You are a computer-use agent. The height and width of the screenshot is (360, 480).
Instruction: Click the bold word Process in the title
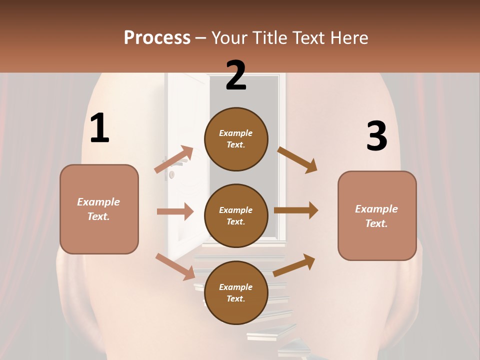coord(157,38)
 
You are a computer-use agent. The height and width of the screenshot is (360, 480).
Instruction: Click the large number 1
coord(99,129)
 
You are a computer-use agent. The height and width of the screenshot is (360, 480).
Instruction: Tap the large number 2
coord(236,76)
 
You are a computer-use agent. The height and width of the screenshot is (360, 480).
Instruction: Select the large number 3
coord(376,136)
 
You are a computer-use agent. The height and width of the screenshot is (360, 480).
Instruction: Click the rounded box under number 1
coord(99,209)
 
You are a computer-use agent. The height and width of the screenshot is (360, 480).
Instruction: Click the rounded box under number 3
coord(377,215)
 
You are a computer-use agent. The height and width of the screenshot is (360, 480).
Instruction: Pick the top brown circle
coord(236,139)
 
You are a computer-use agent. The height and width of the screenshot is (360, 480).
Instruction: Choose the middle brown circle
coord(236,215)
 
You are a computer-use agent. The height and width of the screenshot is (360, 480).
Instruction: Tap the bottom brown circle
coord(236,292)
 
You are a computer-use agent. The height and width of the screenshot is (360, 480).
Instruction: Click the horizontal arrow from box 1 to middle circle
coord(175,211)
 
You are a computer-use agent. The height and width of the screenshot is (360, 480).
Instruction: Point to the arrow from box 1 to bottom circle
coord(175,266)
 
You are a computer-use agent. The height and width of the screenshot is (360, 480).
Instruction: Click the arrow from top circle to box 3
coord(297,159)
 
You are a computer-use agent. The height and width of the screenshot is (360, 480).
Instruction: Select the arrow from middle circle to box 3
coord(296,210)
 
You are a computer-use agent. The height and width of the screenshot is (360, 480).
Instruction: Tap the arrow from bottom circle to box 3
coord(294,265)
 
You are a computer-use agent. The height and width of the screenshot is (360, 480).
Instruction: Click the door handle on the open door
coord(171,174)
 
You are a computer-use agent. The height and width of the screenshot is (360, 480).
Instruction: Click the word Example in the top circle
coord(236,133)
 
